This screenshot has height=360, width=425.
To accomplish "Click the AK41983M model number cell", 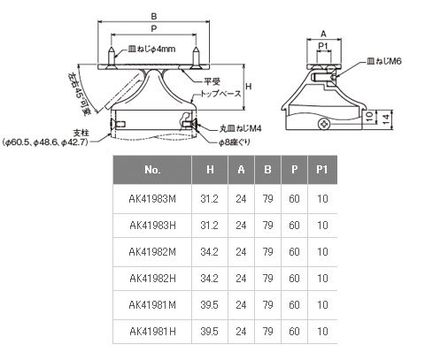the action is (152, 199).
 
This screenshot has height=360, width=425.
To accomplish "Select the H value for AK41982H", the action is (209, 279).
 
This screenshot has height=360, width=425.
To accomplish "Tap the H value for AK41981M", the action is (209, 305).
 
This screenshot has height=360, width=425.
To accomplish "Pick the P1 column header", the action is (322, 170).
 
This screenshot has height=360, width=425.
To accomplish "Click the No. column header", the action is (152, 170).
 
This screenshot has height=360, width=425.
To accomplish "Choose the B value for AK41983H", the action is (267, 226).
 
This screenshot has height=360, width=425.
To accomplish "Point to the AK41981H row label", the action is (152, 332).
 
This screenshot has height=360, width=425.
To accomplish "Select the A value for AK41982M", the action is (241, 252).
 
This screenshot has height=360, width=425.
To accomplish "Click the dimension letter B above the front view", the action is (154, 17).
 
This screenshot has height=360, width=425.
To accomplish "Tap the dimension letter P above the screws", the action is (154, 29).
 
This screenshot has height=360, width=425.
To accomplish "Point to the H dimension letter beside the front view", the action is (249, 87).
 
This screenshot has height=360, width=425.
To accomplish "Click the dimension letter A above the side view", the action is (323, 34).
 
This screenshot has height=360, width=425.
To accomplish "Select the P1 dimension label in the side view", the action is (323, 46).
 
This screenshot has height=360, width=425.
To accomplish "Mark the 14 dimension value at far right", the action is (386, 119).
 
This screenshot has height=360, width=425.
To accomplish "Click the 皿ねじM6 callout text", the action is (383, 61).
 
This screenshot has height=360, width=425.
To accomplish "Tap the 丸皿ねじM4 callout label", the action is (240, 129).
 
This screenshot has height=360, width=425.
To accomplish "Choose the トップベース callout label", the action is (221, 94).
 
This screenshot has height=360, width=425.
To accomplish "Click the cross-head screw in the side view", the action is (324, 124).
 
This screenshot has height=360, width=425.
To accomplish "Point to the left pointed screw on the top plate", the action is (111, 57).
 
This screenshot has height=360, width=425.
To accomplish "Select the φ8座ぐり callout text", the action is (235, 142).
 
